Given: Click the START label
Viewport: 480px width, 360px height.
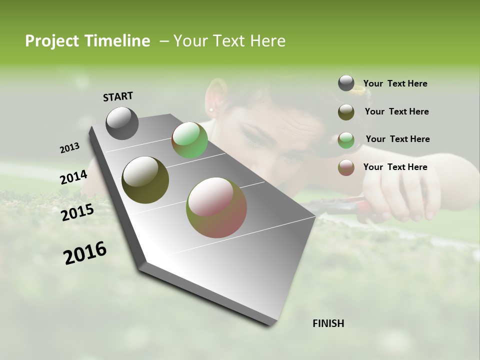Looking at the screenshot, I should [x=118, y=96].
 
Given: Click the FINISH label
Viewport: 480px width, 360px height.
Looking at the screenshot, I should [x=328, y=323].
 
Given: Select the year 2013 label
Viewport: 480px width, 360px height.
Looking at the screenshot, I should [x=69, y=148].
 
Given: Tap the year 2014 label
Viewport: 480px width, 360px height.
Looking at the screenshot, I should [x=73, y=177].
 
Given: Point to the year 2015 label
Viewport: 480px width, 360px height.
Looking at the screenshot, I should [x=77, y=212].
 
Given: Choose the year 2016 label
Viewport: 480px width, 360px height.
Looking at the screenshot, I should [x=85, y=252].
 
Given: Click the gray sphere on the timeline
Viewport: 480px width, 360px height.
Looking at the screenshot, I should [x=122, y=123].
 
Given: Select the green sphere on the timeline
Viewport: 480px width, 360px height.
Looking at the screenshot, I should [x=189, y=140].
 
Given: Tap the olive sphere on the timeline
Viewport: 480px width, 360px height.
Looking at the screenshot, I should [x=145, y=180].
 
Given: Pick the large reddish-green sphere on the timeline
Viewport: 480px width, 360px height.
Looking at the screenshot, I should [x=216, y=207].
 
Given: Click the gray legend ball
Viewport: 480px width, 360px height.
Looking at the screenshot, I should [x=346, y=83].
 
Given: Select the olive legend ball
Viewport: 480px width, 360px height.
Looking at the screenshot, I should [x=346, y=112].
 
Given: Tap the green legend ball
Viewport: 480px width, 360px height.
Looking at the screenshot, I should [x=346, y=140].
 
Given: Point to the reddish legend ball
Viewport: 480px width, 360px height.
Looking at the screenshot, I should [x=346, y=167].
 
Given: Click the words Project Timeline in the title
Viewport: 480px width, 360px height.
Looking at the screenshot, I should [x=87, y=41].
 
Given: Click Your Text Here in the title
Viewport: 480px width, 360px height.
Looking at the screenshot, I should [x=229, y=41].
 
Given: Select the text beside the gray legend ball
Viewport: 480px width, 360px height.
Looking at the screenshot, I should [x=395, y=83].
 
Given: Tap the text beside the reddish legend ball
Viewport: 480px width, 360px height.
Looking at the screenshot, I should [x=395, y=167].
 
